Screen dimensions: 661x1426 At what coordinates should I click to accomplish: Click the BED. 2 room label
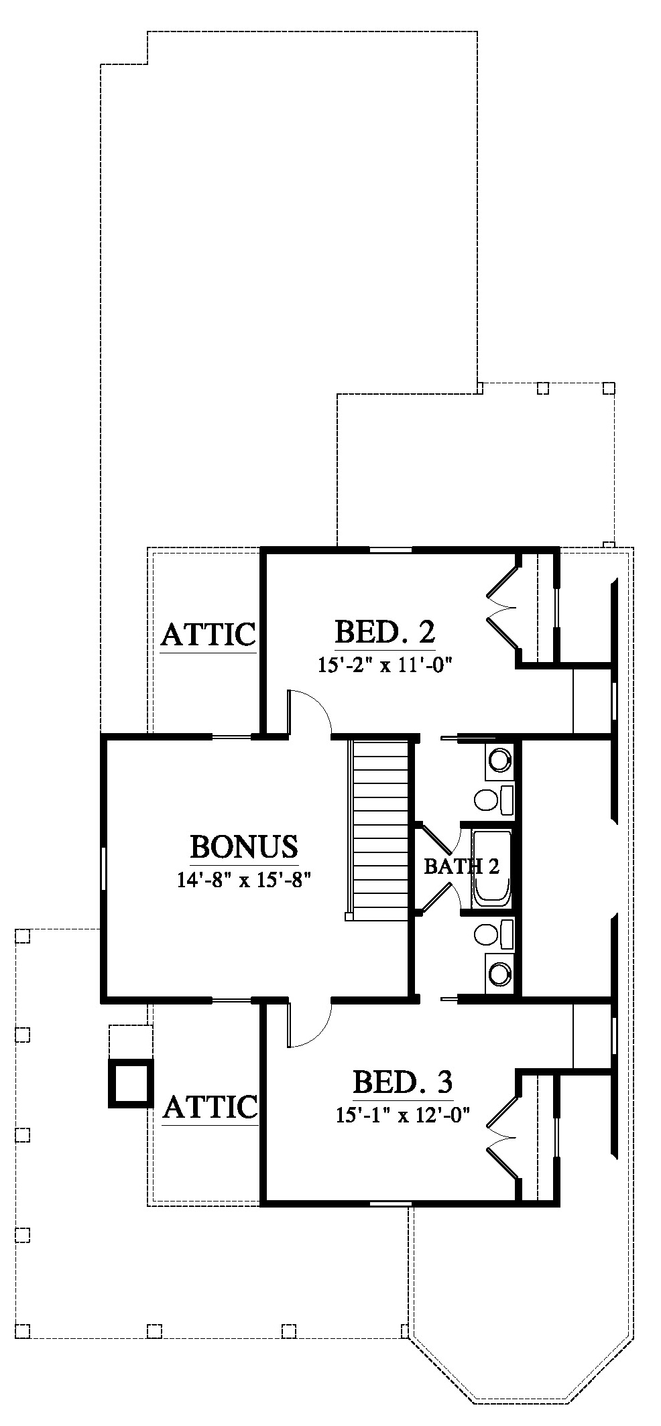tap(385, 632)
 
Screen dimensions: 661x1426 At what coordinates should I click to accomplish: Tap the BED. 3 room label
tap(402, 1082)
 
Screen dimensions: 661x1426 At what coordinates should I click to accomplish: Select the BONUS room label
tap(244, 847)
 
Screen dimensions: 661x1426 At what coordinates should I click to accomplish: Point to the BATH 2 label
tap(462, 866)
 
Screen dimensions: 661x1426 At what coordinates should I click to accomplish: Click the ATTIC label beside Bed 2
tap(208, 634)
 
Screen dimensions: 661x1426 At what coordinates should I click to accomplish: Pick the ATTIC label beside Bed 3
tap(210, 1107)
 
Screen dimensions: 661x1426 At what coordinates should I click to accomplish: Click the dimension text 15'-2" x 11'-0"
tap(385, 665)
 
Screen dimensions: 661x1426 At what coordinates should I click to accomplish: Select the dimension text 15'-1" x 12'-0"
tap(402, 1115)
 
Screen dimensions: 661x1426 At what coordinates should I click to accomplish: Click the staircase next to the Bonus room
tap(379, 828)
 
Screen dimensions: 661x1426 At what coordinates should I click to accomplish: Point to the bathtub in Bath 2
tap(491, 868)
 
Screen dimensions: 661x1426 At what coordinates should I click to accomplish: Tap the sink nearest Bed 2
tap(499, 760)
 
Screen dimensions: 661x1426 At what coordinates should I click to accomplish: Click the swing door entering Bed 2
tap(308, 712)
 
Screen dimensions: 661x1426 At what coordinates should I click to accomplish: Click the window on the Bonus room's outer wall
tap(103, 868)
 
